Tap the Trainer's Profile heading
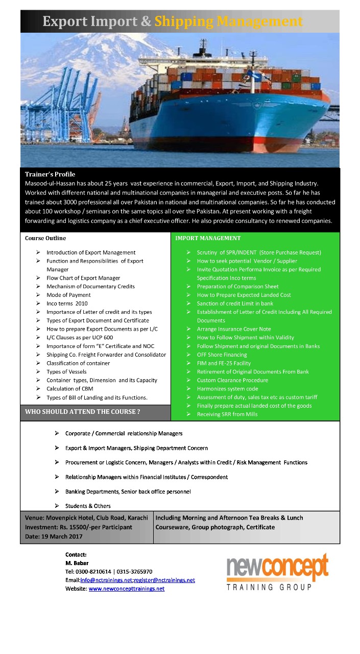50,174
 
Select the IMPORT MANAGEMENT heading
208,238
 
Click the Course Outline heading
45,238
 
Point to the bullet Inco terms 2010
67,303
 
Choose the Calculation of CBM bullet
70,389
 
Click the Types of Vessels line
66,371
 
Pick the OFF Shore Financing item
222,355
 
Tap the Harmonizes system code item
227,389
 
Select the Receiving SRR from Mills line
227,414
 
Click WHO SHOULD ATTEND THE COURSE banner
83,411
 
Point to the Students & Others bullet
88,506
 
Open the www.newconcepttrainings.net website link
127,589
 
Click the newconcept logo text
277,568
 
